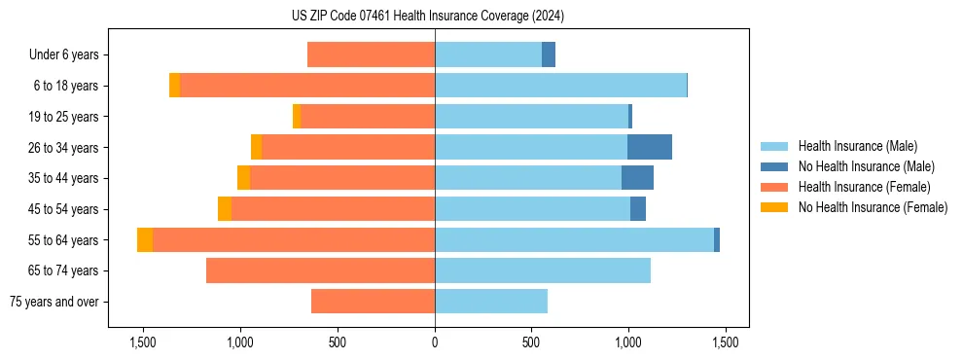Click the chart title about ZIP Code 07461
pos(435,17)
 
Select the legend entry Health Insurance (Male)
pos(856,146)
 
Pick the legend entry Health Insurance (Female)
pos(864,187)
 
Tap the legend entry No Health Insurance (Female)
pos(873,207)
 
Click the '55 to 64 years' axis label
pos(62,240)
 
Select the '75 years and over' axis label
pos(54,302)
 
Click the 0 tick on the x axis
pos(435,343)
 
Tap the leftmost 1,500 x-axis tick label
pos(143,343)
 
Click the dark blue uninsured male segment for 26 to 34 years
pos(650,147)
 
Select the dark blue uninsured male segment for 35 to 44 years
pos(637,178)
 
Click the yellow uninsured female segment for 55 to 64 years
pos(145,240)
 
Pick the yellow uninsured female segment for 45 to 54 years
pos(225,209)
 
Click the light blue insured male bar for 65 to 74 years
pos(543,270)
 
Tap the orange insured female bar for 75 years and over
pos(373,302)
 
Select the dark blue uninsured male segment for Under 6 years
pos(549,55)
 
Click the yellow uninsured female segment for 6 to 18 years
pos(175,86)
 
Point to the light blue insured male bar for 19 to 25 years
pos(531,117)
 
